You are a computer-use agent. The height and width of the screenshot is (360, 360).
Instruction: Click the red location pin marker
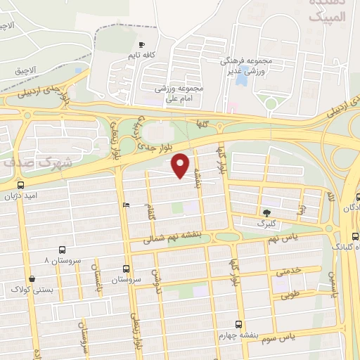(181, 165)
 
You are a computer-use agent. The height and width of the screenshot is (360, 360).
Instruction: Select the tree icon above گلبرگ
(266, 212)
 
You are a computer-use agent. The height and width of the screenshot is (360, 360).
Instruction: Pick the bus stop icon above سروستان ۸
(63, 250)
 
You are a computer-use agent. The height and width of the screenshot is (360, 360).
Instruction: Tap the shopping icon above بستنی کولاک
(32, 278)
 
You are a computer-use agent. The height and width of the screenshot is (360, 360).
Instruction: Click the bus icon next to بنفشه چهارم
(239, 325)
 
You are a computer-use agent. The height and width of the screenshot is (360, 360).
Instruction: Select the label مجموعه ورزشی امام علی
(180, 94)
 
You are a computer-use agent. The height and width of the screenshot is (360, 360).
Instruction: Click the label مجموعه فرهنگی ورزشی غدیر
(254, 67)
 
